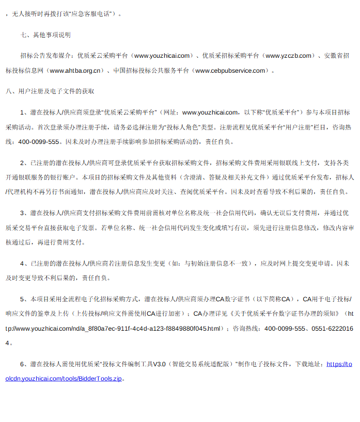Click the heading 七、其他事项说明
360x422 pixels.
click(45, 35)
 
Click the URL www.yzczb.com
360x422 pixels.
click(289, 55)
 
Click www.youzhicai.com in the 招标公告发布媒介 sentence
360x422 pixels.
click(162, 55)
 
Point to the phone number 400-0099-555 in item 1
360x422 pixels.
click(39, 141)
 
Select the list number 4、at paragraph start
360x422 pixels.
click(24, 263)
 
